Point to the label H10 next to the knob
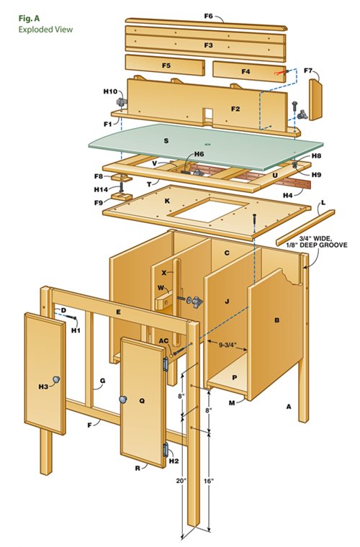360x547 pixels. (110, 91)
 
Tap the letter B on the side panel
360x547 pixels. (276, 320)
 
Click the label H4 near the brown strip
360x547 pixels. (287, 195)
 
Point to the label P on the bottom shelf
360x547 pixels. (234, 376)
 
